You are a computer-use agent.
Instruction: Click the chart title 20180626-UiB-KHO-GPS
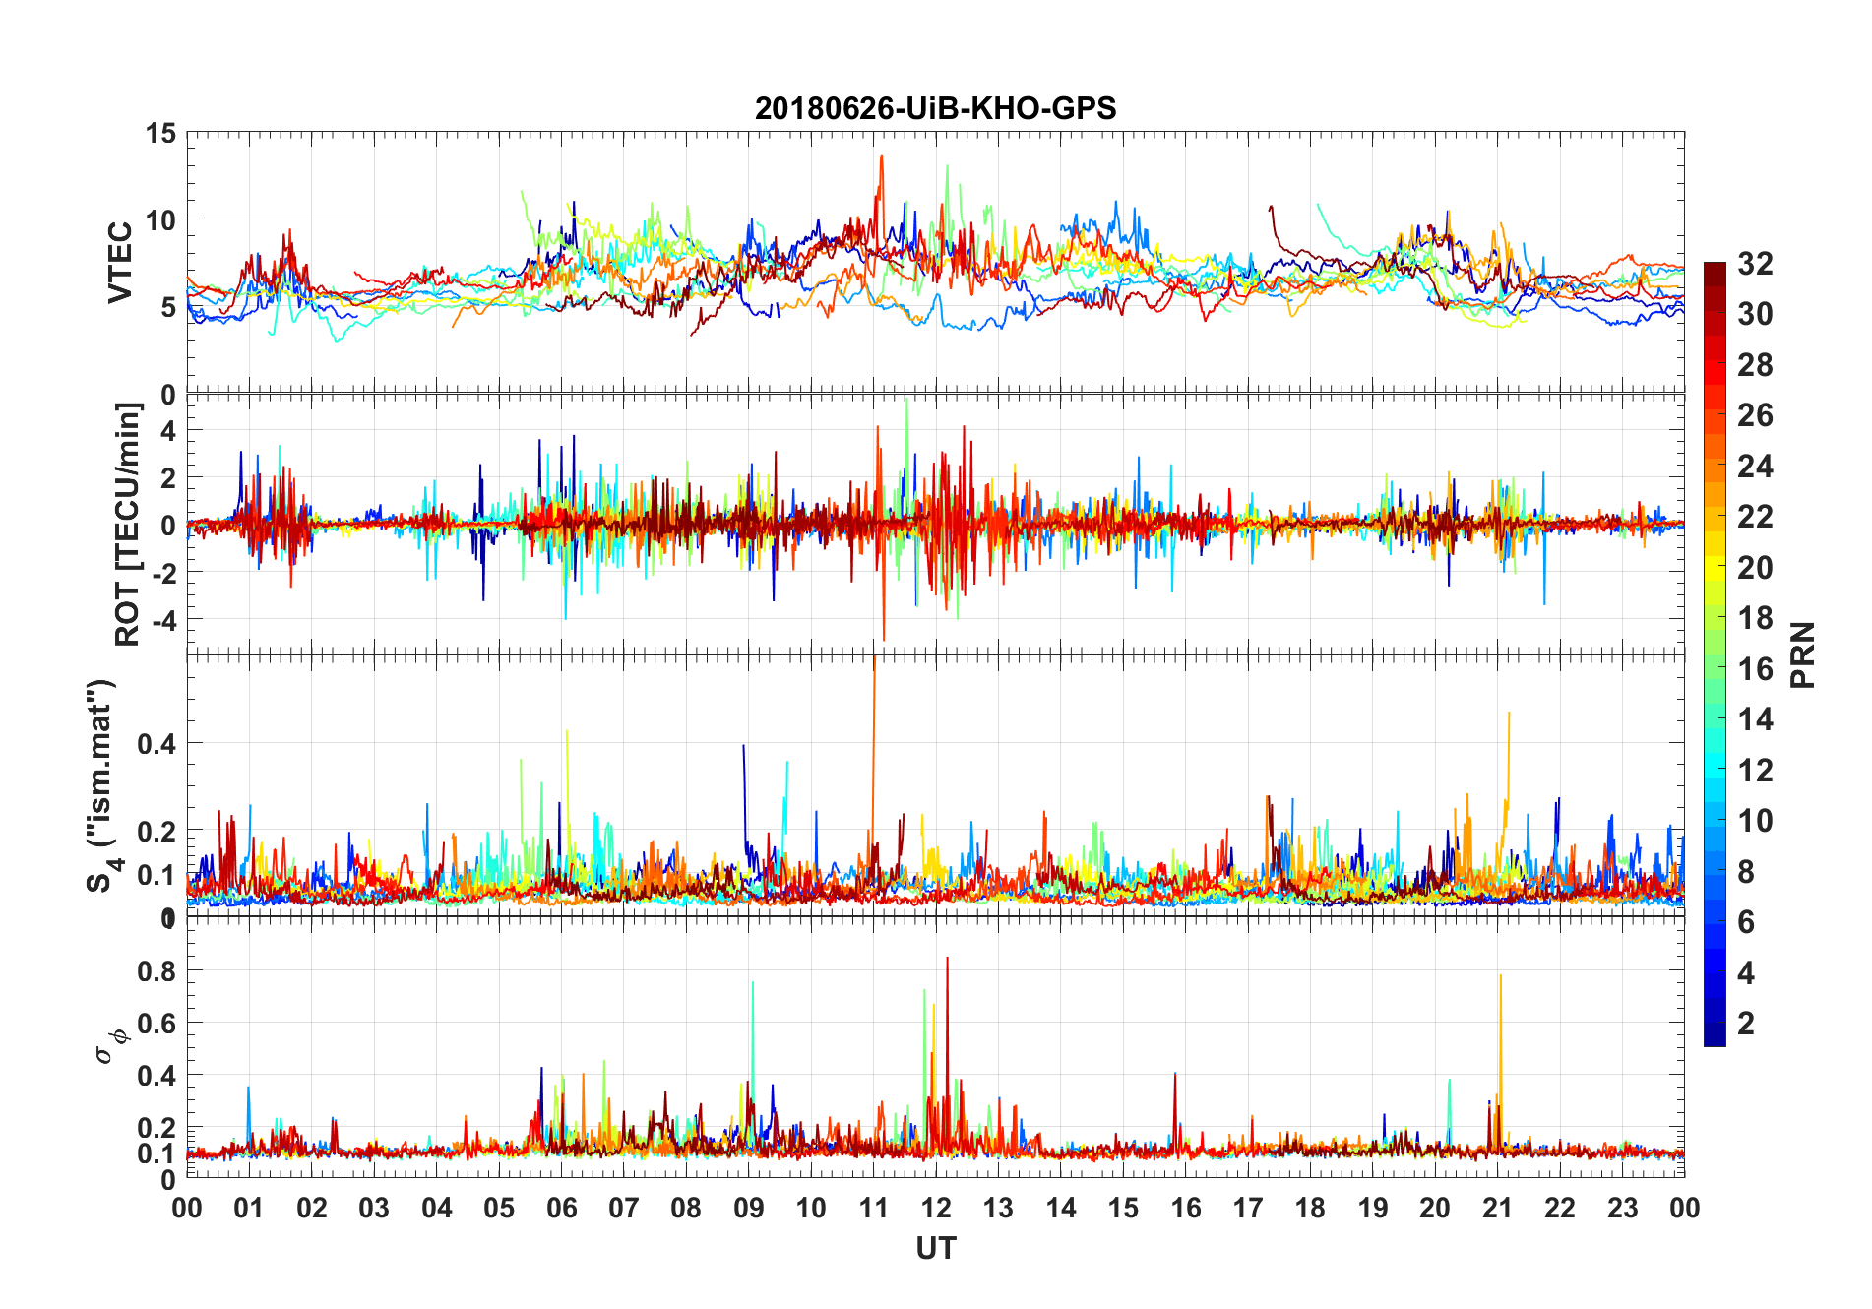pos(935,108)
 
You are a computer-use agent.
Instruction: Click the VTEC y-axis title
pos(120,263)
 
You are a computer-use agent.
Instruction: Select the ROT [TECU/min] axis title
pos(128,524)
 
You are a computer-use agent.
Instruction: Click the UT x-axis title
pos(935,1248)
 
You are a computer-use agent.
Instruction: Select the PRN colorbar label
pos(1802,654)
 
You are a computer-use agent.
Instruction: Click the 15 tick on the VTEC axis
pos(160,133)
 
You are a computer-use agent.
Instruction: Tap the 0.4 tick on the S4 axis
pos(156,744)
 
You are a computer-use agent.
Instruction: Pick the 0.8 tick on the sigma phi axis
pos(156,970)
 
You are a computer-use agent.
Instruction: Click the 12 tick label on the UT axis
pos(936,1209)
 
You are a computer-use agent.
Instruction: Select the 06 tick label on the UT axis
pos(561,1209)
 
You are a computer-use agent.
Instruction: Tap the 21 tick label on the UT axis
pos(1497,1209)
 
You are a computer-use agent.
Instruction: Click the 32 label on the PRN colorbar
pos(1755,264)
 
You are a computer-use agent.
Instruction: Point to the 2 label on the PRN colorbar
pos(1746,1024)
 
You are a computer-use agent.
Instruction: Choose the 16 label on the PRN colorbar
pos(1755,669)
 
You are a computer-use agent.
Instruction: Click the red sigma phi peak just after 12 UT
pos(947,960)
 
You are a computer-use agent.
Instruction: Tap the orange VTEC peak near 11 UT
pos(881,157)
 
